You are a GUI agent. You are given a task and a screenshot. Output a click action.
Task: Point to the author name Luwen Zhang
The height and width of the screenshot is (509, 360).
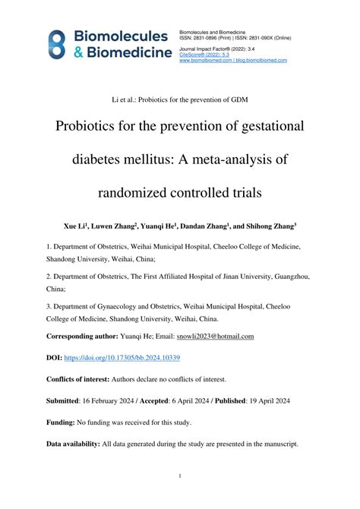coord(113,226)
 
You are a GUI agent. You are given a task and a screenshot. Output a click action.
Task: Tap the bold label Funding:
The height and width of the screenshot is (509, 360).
coord(61,422)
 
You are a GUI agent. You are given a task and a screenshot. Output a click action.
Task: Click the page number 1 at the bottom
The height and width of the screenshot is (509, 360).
coord(179,476)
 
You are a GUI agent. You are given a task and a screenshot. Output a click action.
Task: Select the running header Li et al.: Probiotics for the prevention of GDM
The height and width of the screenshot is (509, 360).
coord(179,100)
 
